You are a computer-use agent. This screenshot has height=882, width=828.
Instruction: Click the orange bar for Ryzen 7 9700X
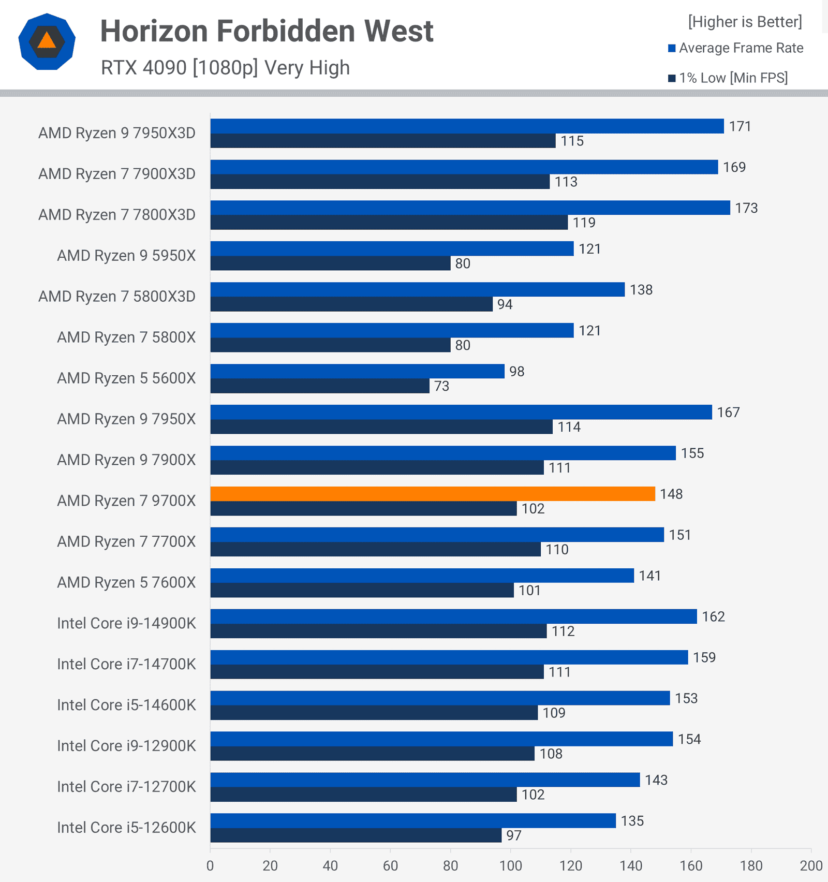[x=433, y=494]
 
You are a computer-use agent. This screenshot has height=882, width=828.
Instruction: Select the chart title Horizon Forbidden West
[x=267, y=31]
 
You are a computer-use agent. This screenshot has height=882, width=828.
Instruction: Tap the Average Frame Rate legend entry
[x=735, y=48]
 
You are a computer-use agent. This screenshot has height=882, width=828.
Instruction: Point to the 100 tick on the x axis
[x=510, y=865]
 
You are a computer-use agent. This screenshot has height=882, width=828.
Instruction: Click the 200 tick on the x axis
[x=811, y=865]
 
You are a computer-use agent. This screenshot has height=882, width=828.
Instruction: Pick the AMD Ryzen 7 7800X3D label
[x=117, y=215]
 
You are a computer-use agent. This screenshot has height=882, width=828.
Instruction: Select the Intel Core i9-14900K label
[x=126, y=623]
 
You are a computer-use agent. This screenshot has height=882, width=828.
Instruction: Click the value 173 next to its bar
[x=746, y=208]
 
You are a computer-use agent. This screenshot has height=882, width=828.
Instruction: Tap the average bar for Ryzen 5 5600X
[x=357, y=371]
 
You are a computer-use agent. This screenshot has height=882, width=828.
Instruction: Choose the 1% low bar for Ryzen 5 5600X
[x=320, y=386]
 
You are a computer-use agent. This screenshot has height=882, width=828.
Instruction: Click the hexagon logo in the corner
[x=47, y=41]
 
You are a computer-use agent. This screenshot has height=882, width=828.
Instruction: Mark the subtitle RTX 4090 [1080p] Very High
[x=225, y=68]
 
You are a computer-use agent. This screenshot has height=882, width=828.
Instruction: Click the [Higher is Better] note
[x=745, y=22]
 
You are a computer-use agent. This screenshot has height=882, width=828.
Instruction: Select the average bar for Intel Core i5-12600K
[x=413, y=820]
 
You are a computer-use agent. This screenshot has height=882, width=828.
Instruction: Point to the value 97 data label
[x=514, y=835]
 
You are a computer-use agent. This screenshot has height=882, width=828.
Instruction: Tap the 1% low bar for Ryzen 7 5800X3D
[x=351, y=304]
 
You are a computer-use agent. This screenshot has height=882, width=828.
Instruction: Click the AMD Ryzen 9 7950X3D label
[x=117, y=133]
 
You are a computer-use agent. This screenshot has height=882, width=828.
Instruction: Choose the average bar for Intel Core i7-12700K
[x=425, y=780]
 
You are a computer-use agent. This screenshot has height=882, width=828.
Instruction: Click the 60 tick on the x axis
[x=390, y=865]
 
